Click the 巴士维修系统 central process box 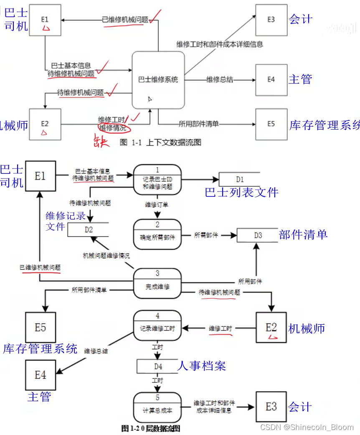(x=158, y=79)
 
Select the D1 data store (x=239, y=179)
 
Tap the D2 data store (x=89, y=229)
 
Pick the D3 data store (x=258, y=235)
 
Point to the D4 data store (x=157, y=366)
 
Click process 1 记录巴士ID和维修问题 (x=157, y=180)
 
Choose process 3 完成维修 (x=157, y=283)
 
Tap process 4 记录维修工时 (x=157, y=325)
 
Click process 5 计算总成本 (x=157, y=407)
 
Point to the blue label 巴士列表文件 (x=241, y=192)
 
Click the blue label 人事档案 (x=202, y=366)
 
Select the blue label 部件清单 (x=303, y=234)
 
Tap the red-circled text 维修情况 (x=112, y=127)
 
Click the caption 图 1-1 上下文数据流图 (x=160, y=142)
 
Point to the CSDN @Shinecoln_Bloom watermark (x=307, y=427)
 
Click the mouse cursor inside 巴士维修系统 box (x=150, y=99)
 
